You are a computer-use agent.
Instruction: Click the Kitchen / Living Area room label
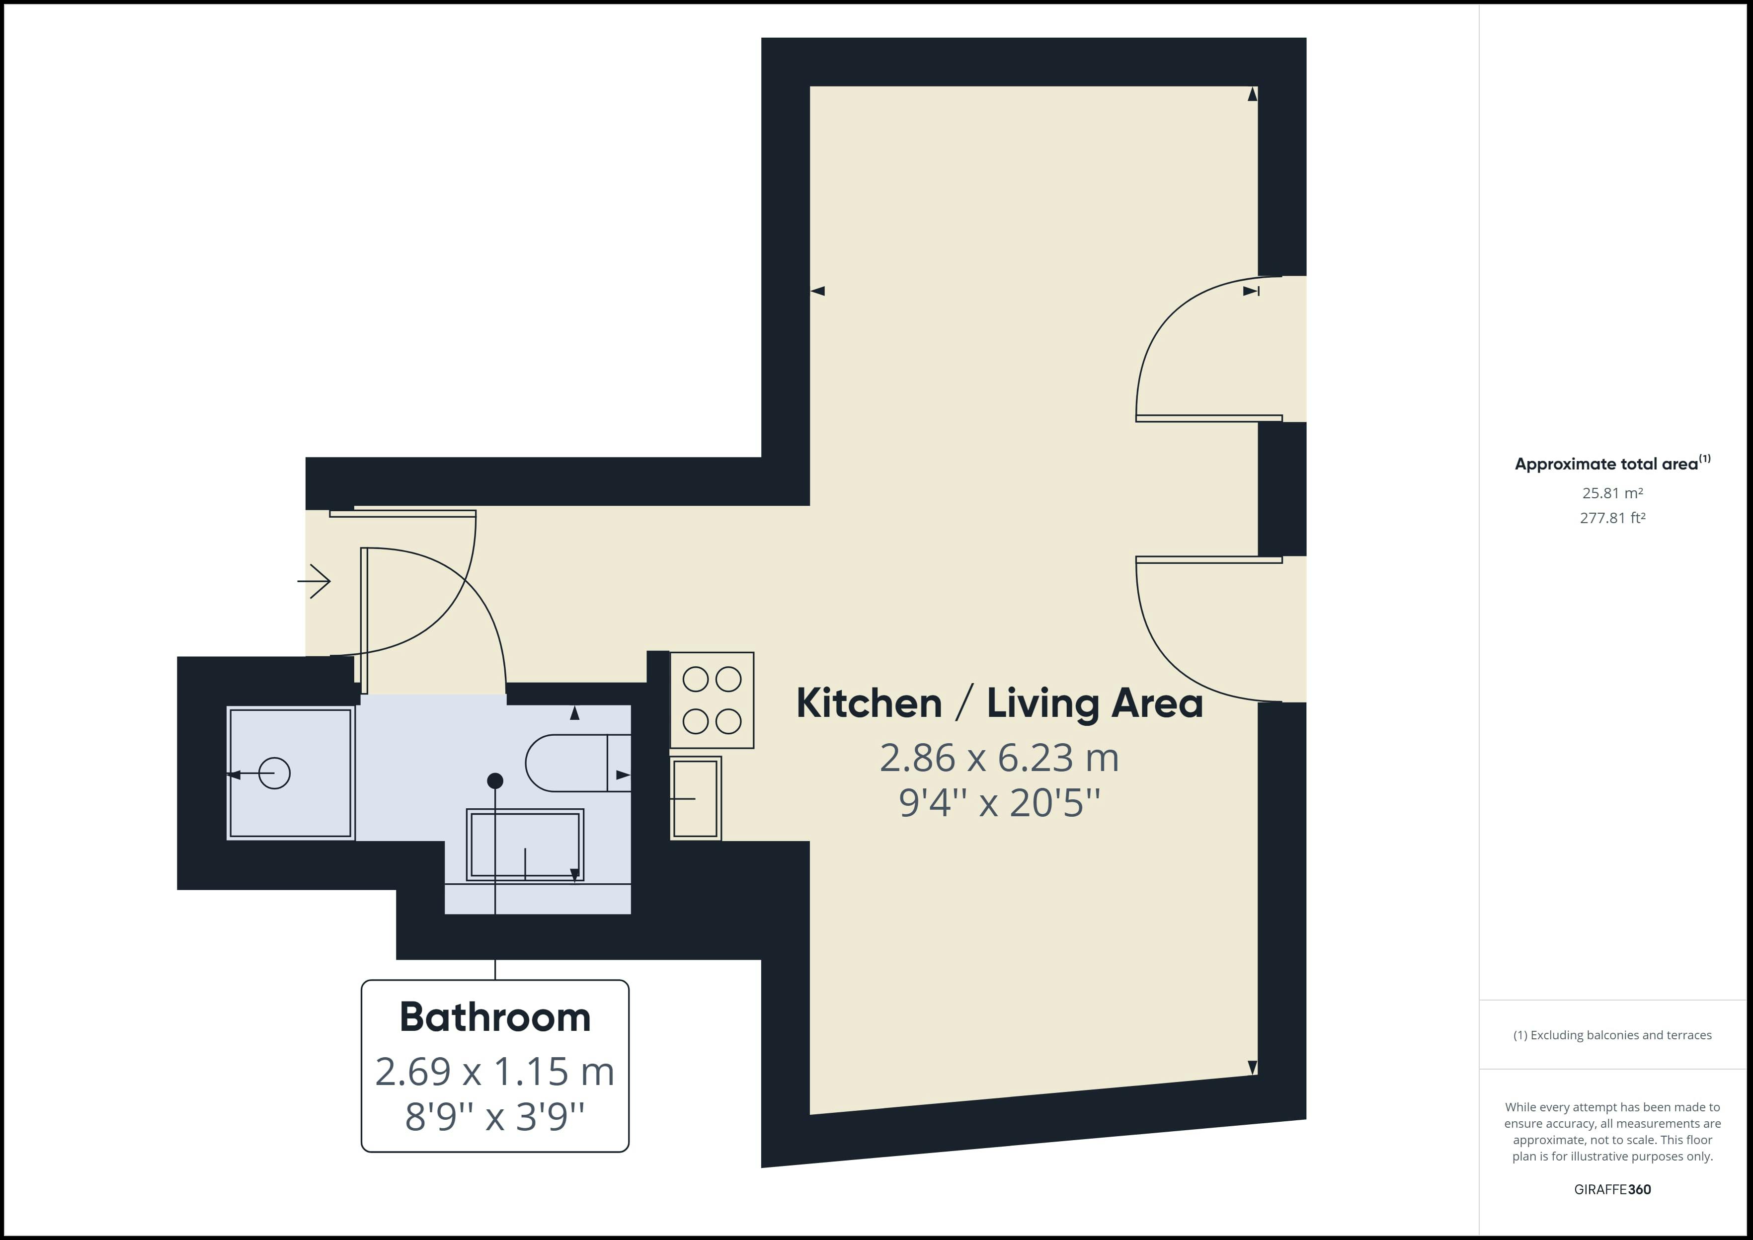point(999,703)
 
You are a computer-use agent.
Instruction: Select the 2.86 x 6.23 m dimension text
point(999,758)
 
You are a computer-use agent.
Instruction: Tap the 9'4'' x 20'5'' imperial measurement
point(999,802)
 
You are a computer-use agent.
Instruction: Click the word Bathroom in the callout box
point(495,1017)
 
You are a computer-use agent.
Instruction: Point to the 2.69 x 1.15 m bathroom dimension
point(495,1071)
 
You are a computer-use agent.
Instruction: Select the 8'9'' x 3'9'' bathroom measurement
point(495,1116)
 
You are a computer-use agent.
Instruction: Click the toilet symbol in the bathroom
point(578,763)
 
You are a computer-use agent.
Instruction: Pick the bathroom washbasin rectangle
point(525,845)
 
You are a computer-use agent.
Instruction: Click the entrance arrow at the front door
point(314,582)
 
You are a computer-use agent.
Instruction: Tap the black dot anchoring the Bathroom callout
point(495,780)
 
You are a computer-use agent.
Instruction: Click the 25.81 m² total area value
point(1612,493)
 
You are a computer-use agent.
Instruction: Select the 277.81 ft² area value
point(1612,518)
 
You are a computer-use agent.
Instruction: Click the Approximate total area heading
point(1612,464)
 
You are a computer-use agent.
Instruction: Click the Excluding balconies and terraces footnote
point(1612,1035)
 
